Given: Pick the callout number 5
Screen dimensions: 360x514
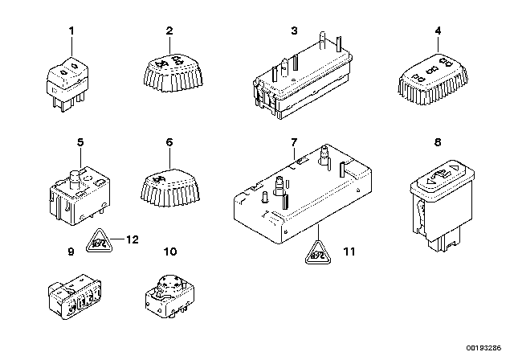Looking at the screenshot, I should coord(80,142).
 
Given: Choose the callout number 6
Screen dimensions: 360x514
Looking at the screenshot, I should coord(169,142).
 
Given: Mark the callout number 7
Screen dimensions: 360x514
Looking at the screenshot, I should coord(294,142).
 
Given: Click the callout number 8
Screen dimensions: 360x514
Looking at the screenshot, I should coord(438,142).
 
